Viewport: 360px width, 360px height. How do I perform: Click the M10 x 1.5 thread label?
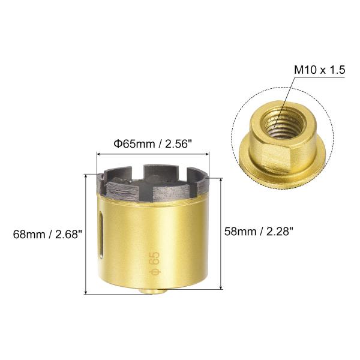(320, 70)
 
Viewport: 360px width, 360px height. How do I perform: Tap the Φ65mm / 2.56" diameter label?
(152, 144)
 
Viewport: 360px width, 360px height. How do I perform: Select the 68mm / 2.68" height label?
(48, 235)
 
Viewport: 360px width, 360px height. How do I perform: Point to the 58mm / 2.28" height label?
(259, 231)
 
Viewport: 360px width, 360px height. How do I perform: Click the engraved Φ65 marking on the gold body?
(155, 263)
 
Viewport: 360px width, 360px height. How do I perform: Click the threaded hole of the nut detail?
(284, 124)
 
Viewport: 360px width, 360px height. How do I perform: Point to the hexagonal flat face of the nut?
(276, 159)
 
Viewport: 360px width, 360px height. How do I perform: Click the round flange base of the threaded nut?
(282, 175)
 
